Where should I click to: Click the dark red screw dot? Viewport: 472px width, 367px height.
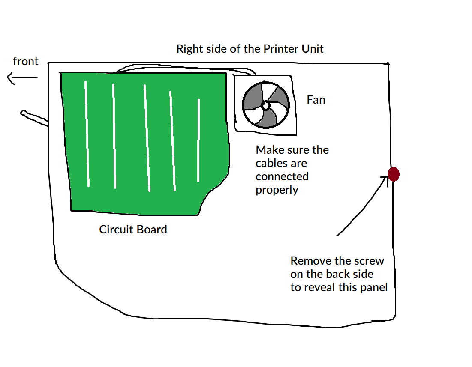coord(394,174)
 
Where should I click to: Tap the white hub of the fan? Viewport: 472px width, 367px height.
coord(265,105)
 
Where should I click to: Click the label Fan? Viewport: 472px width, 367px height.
coord(316,100)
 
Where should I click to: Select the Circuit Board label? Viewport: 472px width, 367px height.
coord(133,230)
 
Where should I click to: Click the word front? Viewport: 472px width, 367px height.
coord(26,62)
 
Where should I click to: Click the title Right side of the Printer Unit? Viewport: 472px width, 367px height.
coord(250,49)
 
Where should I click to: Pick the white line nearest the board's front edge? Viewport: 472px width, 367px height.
coord(87,134)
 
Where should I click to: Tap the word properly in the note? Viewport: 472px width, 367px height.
coord(277,190)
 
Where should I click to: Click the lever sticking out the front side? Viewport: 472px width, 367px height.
coord(33,118)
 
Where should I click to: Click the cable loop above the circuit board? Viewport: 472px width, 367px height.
coord(184,67)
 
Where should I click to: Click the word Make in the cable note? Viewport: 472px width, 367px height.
coord(269,150)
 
